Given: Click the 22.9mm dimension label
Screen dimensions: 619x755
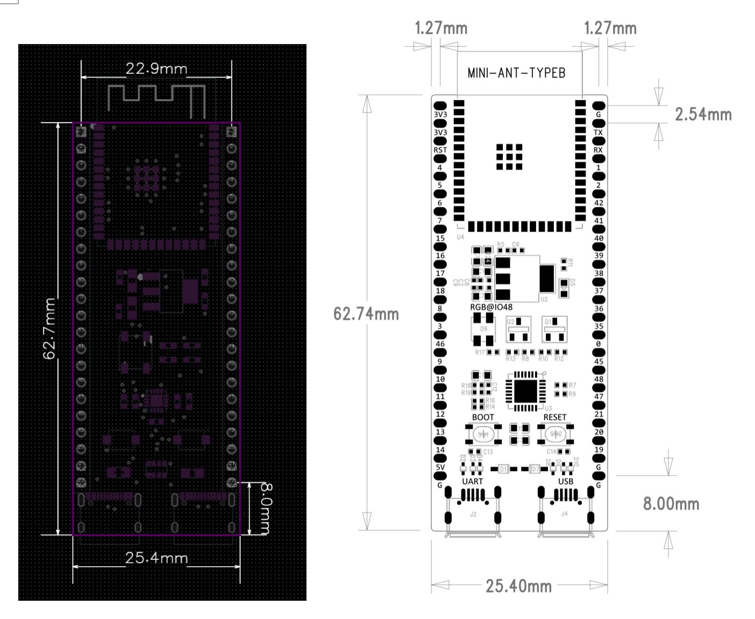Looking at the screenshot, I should click(x=156, y=69).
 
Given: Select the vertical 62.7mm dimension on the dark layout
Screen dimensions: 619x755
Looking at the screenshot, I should click(x=49, y=329).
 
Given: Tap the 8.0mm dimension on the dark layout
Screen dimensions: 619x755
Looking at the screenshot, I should click(x=265, y=509).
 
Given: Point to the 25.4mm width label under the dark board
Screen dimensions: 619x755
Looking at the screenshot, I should click(x=156, y=558).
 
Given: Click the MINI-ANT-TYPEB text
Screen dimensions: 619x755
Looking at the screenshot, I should click(x=516, y=73).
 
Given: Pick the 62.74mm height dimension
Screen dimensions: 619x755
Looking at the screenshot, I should click(x=366, y=314).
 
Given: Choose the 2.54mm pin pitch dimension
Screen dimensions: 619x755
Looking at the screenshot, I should click(x=703, y=114).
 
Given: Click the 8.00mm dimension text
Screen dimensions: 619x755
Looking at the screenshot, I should click(x=671, y=503).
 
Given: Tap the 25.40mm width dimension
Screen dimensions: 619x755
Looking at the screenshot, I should click(x=518, y=586).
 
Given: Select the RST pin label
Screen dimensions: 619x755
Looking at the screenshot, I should click(x=440, y=150).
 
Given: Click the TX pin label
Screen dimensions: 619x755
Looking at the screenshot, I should click(x=598, y=132).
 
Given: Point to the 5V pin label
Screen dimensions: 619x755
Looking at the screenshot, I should click(x=440, y=467).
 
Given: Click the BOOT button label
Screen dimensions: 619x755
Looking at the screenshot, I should click(x=482, y=417).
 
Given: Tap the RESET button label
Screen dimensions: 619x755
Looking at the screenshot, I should click(x=554, y=417).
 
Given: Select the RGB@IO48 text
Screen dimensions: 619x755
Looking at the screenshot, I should click(x=491, y=307).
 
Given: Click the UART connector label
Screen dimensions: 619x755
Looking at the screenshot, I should click(x=473, y=481).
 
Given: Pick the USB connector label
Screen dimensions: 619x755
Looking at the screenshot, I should click(x=565, y=481).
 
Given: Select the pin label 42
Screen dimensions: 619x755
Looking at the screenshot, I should click(x=598, y=203).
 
